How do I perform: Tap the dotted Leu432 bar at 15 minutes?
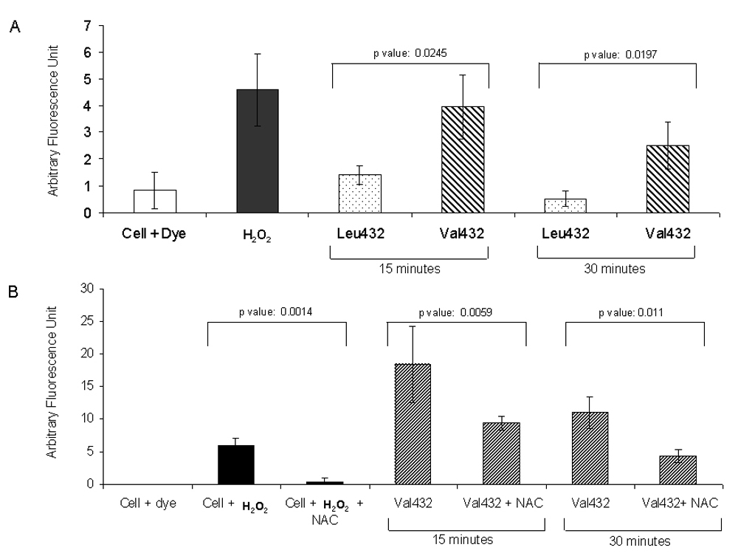359,193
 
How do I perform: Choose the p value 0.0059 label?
456,312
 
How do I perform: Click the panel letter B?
13,290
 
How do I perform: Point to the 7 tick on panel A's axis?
88,26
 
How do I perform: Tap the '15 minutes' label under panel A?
410,269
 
